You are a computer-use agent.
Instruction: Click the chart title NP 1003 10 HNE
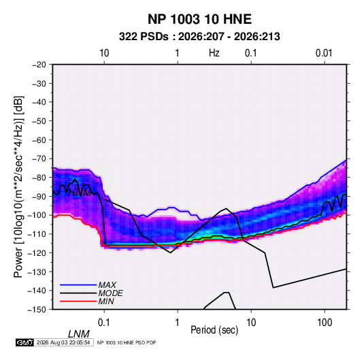pos(199,19)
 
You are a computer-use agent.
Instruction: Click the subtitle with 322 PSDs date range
pos(199,37)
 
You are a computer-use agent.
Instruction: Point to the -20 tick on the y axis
pos(39,65)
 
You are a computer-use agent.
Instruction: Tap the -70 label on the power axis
pos(39,159)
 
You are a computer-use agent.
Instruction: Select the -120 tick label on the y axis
pos(37,253)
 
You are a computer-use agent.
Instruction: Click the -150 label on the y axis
pos(37,310)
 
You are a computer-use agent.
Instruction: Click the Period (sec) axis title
pos(214,330)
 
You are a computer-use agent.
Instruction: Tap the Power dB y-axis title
pos(18,187)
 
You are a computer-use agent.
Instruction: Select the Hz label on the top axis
pos(214,53)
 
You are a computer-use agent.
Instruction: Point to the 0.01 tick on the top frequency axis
pos(324,53)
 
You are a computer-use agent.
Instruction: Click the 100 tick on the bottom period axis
pos(325,323)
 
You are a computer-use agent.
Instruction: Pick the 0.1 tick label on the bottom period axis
pos(104,323)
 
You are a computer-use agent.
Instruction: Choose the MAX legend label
pos(107,285)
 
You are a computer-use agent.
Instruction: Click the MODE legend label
pos(110,293)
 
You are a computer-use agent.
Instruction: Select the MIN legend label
pos(106,301)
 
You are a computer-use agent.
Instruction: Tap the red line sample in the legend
pos(78,301)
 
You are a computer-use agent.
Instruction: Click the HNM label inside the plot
pos(80,193)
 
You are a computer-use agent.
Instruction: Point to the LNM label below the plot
pos(79,334)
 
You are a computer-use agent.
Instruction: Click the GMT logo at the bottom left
pos(24,342)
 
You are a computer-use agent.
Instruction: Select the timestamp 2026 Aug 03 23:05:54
pos(63,342)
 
